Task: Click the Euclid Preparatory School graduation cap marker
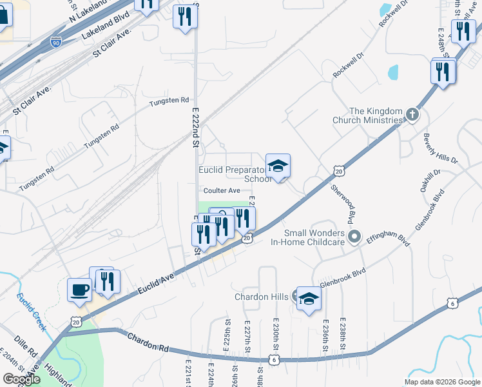[278, 166]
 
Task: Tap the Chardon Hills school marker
[309, 299]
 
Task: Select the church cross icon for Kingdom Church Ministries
[412, 115]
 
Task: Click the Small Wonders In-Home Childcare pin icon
[354, 237]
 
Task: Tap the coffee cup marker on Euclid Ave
[80, 290]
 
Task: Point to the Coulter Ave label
[222, 190]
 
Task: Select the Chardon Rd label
[148, 342]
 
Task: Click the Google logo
[21, 379]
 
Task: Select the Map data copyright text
[442, 382]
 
